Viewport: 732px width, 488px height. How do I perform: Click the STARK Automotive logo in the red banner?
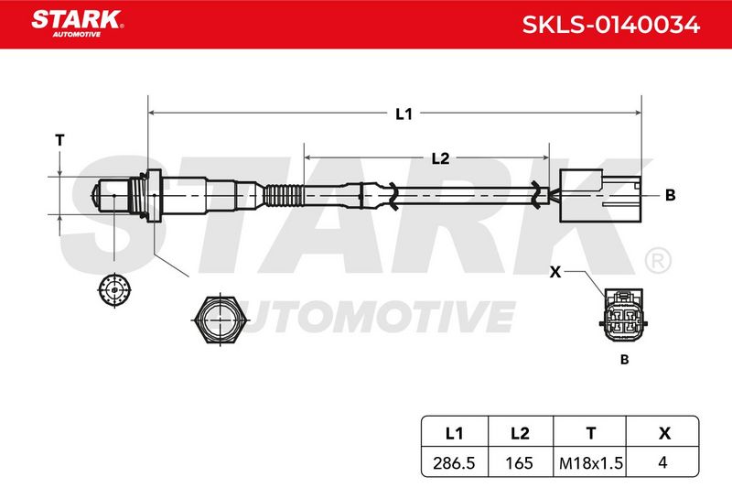click(x=78, y=24)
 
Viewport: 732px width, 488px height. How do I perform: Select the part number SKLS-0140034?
click(x=610, y=25)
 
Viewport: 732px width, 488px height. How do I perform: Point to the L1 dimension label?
click(x=404, y=114)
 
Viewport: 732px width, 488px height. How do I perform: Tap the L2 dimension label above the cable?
click(x=440, y=158)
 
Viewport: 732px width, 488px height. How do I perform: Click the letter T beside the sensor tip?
click(x=59, y=140)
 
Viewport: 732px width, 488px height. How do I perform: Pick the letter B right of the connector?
click(x=671, y=195)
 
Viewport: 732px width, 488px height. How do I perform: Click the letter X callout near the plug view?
click(x=555, y=272)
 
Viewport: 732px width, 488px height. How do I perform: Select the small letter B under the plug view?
click(x=625, y=360)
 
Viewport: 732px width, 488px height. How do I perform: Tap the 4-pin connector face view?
click(x=624, y=315)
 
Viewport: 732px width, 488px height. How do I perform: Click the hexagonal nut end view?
click(x=219, y=320)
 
